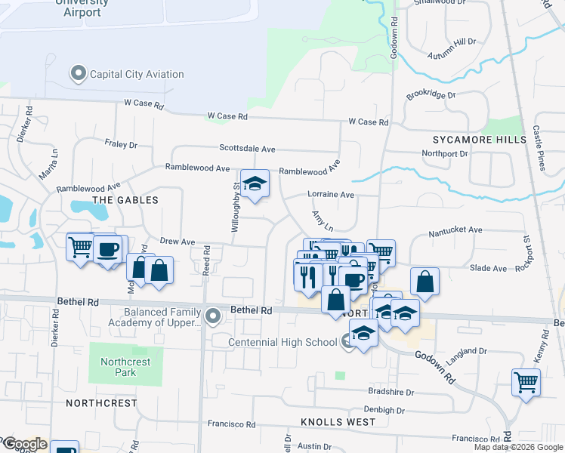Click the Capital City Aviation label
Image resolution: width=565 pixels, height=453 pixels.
click(137, 74)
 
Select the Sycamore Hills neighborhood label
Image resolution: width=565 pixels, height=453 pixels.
click(480, 140)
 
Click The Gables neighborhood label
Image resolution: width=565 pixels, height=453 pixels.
click(125, 200)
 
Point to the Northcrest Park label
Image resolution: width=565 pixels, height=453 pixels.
click(125, 367)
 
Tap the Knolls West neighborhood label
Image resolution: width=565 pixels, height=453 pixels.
click(338, 422)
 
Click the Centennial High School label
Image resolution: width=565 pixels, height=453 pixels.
click(283, 342)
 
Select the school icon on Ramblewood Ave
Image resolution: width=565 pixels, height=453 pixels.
click(255, 184)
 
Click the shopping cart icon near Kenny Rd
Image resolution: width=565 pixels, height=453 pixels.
click(526, 381)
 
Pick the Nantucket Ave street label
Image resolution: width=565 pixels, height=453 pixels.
click(455, 230)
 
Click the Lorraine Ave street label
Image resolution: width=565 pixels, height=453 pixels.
click(331, 194)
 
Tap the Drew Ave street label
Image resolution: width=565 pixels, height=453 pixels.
click(178, 242)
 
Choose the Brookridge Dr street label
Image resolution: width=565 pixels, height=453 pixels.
click(431, 96)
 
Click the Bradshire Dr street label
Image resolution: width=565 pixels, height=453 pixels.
click(391, 393)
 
